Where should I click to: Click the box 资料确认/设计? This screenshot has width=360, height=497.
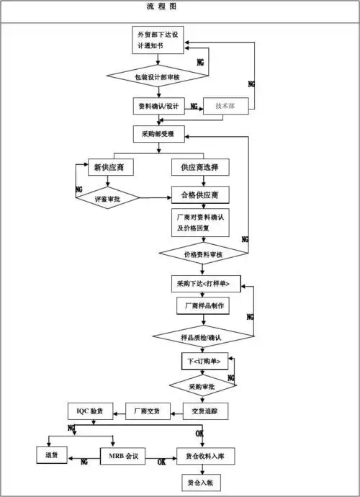click(158, 106)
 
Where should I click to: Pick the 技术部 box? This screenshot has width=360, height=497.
click(228, 106)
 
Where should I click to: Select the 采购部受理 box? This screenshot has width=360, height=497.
click(158, 133)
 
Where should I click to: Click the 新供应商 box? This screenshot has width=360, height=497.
click(107, 168)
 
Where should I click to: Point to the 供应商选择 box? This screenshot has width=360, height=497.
click(200, 168)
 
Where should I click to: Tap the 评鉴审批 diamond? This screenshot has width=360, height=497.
click(107, 197)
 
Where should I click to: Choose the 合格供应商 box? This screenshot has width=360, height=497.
click(200, 195)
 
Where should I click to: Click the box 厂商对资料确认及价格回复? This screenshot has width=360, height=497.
click(200, 223)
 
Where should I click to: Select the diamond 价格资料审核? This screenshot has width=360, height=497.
click(203, 254)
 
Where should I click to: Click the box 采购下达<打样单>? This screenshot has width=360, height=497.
click(204, 283)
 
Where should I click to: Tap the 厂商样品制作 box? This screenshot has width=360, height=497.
click(203, 306)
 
